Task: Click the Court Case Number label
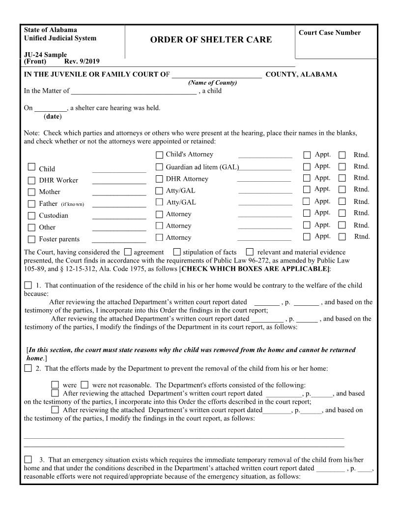(x=329, y=33)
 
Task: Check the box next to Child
(x=31, y=167)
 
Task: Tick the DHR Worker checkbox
(x=31, y=180)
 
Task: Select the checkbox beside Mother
(x=31, y=192)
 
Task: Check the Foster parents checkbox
(x=31, y=239)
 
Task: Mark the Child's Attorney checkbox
(x=159, y=155)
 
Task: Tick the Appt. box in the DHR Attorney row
(x=307, y=178)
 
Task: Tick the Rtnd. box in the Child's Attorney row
(x=342, y=155)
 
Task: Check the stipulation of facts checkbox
(x=177, y=252)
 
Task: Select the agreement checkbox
(x=128, y=252)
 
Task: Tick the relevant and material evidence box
(x=250, y=252)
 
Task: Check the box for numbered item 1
(x=28, y=285)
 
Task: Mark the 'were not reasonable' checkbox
(x=85, y=385)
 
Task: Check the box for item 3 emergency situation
(x=28, y=459)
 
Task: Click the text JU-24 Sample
(x=45, y=55)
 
